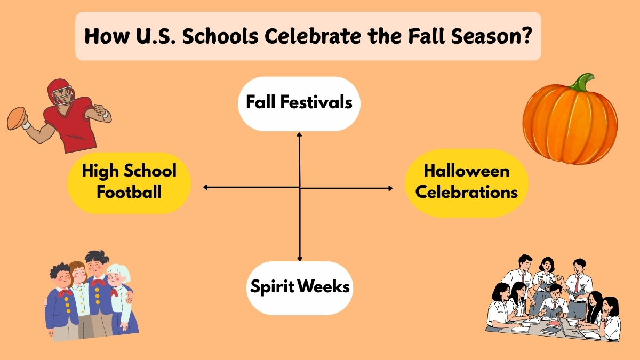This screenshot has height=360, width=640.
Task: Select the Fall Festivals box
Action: pyautogui.click(x=299, y=103)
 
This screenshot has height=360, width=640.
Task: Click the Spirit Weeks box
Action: pyautogui.click(x=300, y=287)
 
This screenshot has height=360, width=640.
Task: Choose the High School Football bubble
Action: pyautogui.click(x=129, y=181)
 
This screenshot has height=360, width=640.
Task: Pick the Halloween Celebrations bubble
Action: pyautogui.click(x=467, y=182)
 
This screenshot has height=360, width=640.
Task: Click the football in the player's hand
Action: pyautogui.click(x=17, y=118)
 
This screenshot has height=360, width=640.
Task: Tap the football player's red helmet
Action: pyautogui.click(x=59, y=91)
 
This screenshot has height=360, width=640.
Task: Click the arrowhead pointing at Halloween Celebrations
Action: pyautogui.click(x=390, y=188)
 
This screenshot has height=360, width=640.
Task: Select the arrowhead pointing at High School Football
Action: pyautogui.click(x=206, y=187)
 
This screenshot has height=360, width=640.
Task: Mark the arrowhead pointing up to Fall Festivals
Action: pyautogui.click(x=299, y=135)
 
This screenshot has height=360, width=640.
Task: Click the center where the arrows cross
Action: pyautogui.click(x=300, y=188)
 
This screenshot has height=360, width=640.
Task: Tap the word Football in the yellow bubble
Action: pyautogui.click(x=129, y=191)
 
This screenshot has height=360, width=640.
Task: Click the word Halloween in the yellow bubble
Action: pyautogui.click(x=467, y=171)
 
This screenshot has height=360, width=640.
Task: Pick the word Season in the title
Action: pyautogui.click(x=483, y=37)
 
